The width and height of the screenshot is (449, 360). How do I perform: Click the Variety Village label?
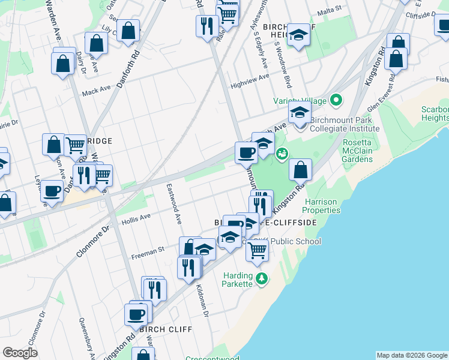(299, 100)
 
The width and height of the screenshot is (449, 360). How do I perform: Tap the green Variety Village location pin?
(336, 100)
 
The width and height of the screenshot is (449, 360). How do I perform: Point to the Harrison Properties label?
(321, 206)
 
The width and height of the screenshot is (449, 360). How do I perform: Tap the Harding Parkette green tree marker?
(261, 278)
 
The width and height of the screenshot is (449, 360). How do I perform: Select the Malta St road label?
(329, 9)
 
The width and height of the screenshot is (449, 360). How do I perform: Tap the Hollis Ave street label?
(136, 218)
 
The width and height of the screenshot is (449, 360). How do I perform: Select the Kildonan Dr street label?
(202, 301)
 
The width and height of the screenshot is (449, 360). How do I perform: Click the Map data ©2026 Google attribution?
(412, 355)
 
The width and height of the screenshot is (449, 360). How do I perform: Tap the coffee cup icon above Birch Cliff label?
(136, 314)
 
